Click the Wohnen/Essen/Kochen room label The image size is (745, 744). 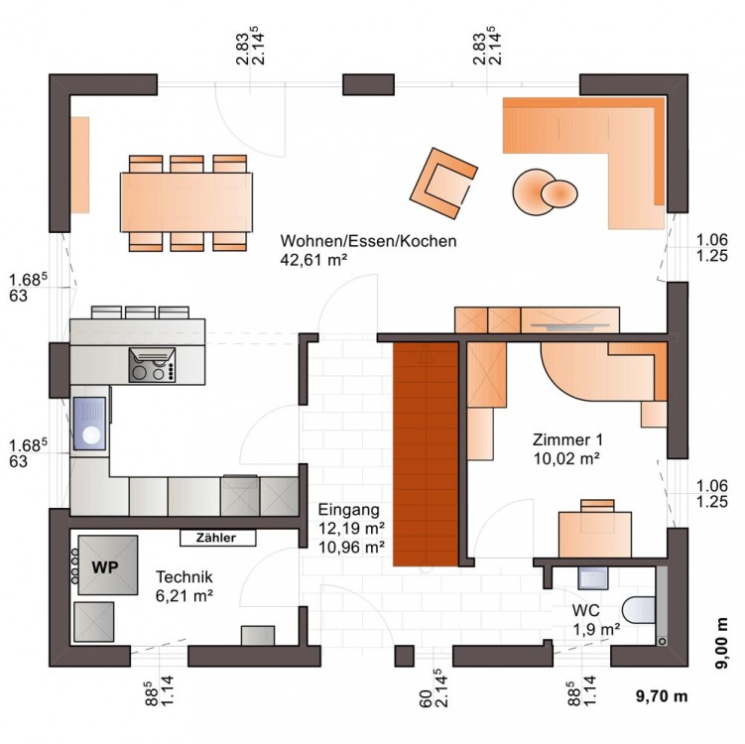(368, 241)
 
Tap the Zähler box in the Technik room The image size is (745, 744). (217, 538)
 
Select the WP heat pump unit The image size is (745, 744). (108, 564)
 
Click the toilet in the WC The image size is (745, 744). (639, 610)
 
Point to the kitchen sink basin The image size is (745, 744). (89, 424)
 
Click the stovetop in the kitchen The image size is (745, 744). (152, 365)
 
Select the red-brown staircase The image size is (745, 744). (426, 453)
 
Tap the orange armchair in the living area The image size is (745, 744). (443, 183)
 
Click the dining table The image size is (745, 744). (186, 202)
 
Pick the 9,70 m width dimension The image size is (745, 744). (662, 696)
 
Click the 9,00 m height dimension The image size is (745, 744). (722, 643)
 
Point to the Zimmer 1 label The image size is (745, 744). (567, 439)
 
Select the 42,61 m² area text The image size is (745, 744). (313, 260)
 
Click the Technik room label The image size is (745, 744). (185, 576)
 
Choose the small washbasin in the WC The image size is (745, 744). (593, 577)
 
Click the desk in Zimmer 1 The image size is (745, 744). (595, 534)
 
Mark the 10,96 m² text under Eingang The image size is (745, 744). (351, 548)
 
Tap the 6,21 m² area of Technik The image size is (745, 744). (185, 595)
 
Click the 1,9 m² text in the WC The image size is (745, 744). (596, 630)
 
